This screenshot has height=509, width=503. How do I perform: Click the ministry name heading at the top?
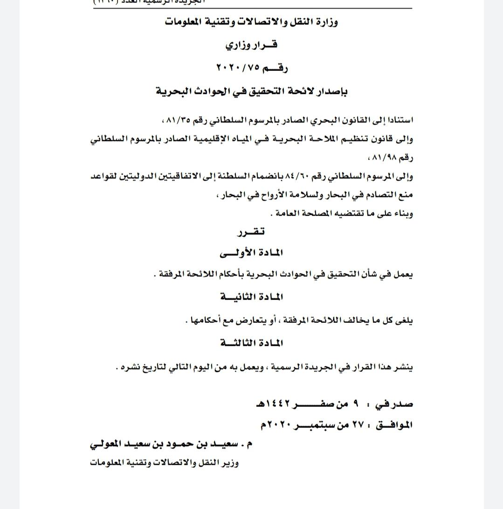click(x=251, y=22)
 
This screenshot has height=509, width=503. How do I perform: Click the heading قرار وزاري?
click(x=251, y=45)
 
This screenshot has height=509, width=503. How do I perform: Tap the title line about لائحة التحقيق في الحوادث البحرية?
click(x=251, y=91)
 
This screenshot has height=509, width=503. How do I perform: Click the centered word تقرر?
click(x=251, y=231)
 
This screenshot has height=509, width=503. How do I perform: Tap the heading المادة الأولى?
click(x=251, y=253)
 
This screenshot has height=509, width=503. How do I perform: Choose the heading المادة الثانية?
click(x=251, y=297)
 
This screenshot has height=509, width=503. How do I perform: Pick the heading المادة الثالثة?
click(x=251, y=343)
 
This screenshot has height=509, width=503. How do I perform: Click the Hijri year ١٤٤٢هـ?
click(x=273, y=404)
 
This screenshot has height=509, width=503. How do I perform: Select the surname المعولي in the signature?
click(x=106, y=444)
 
